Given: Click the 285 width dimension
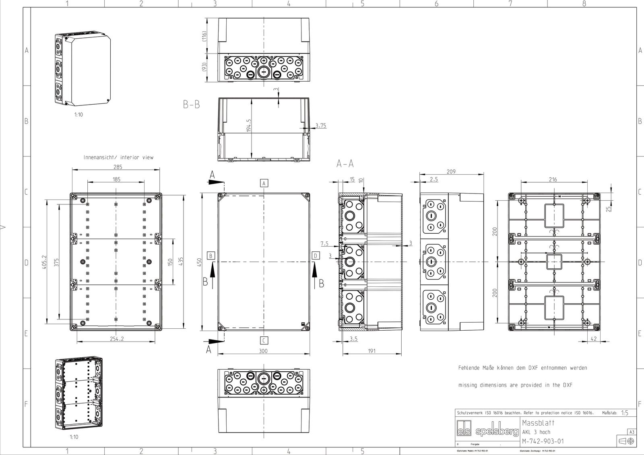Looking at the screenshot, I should (x=118, y=167).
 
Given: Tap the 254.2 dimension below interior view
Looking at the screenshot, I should (x=117, y=339).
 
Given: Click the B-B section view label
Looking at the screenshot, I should (x=191, y=105).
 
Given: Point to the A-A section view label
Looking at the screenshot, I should (x=345, y=164).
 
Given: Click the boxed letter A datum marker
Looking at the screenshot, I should (x=264, y=183).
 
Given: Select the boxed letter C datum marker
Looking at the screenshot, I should (x=263, y=341).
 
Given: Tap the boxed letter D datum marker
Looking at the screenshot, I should (x=316, y=255).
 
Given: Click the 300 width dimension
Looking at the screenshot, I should (x=263, y=351).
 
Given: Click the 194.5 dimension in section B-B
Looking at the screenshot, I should (x=249, y=126).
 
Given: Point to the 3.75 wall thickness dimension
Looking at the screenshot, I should (x=321, y=126).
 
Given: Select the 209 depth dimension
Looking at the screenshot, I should (x=451, y=172).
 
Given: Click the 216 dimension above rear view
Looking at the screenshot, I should (x=553, y=179).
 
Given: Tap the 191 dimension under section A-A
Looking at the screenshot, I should (x=372, y=351).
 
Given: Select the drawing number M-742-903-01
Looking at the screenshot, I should (x=543, y=441).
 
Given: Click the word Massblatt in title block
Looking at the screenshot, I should (x=538, y=423).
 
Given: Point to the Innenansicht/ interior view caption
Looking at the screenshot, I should (x=118, y=157).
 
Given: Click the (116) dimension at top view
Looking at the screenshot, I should (x=204, y=36).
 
